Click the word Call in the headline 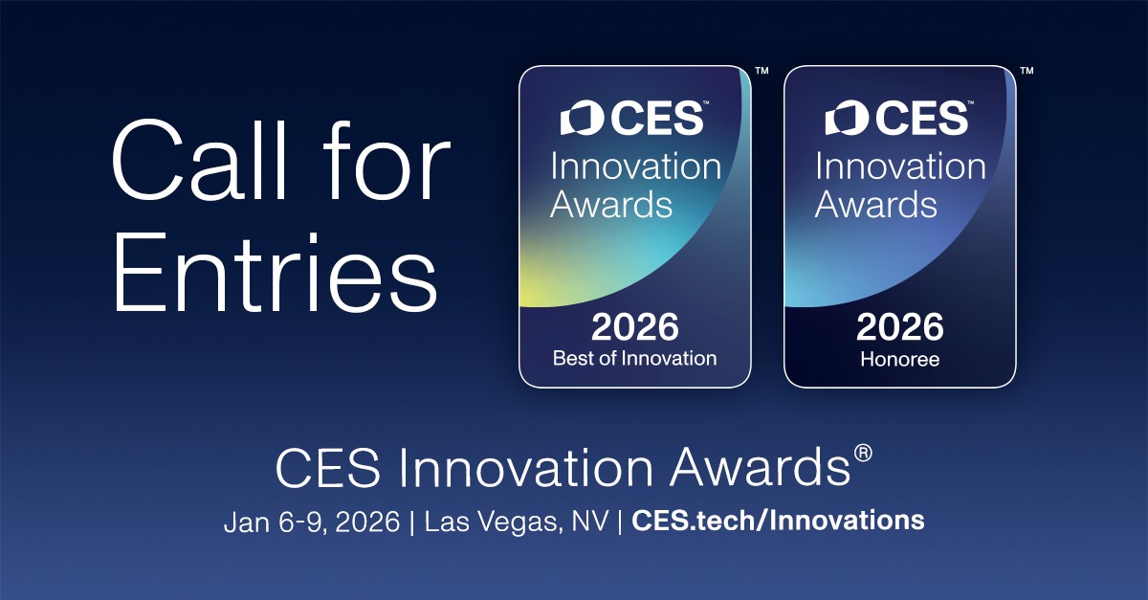click(198, 160)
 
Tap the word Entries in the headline click(275, 273)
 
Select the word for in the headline click(386, 160)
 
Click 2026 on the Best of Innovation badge click(635, 327)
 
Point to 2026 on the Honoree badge click(900, 327)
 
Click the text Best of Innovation click(634, 358)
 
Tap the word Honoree click(900, 359)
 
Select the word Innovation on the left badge click(635, 167)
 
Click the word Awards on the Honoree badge click(876, 204)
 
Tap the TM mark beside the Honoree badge click(1027, 71)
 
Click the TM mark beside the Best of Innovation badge click(762, 71)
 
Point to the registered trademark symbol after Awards click(863, 454)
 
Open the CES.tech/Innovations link click(778, 521)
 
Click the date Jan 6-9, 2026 click(312, 522)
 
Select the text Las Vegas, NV click(517, 522)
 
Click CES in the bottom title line click(327, 468)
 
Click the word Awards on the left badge click(611, 204)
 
